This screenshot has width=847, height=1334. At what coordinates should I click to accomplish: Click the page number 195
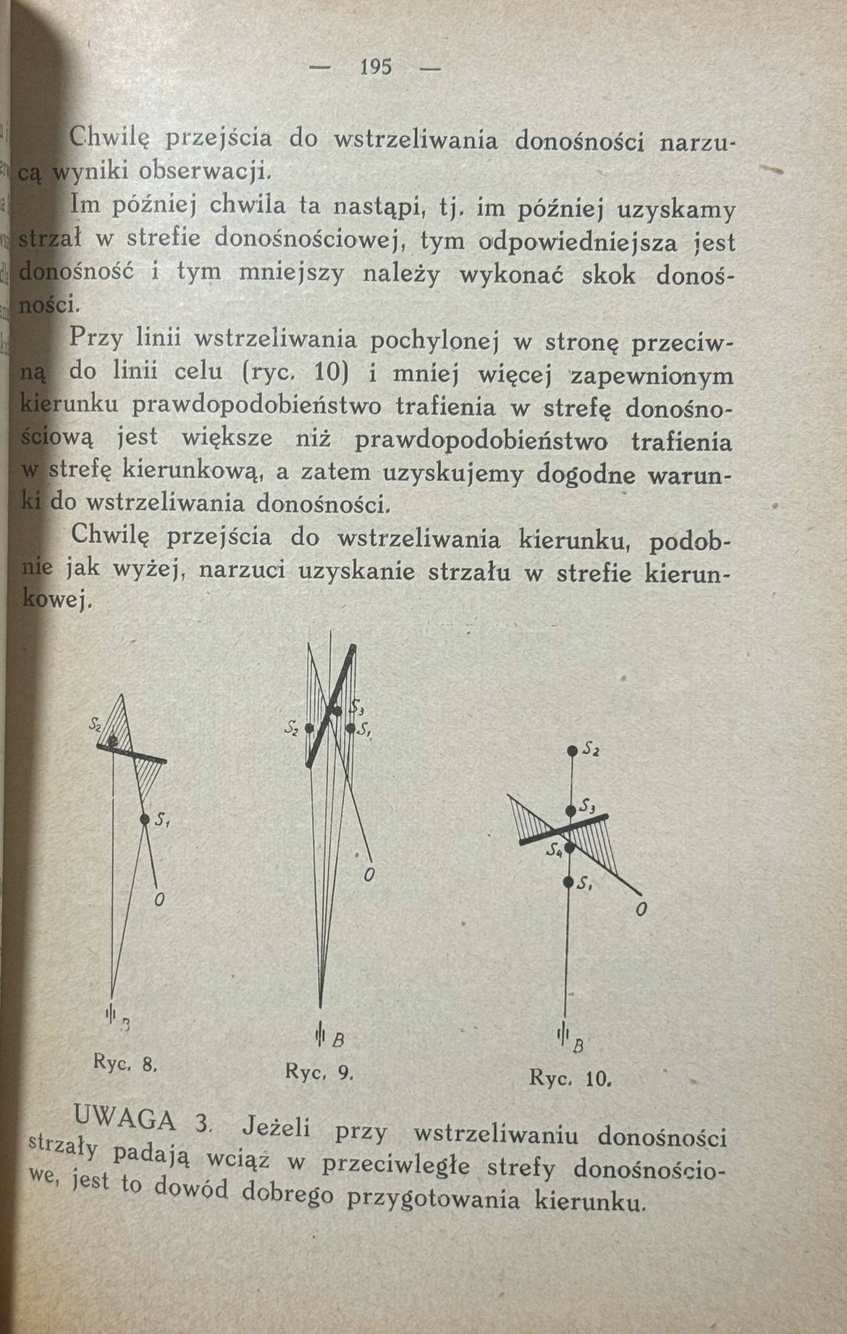375,68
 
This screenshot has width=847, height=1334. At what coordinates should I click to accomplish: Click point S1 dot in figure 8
145,819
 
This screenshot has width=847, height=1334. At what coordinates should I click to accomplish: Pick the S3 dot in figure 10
571,810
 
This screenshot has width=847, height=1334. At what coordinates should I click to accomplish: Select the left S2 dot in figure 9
309,728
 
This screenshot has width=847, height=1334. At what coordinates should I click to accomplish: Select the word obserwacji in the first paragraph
204,172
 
